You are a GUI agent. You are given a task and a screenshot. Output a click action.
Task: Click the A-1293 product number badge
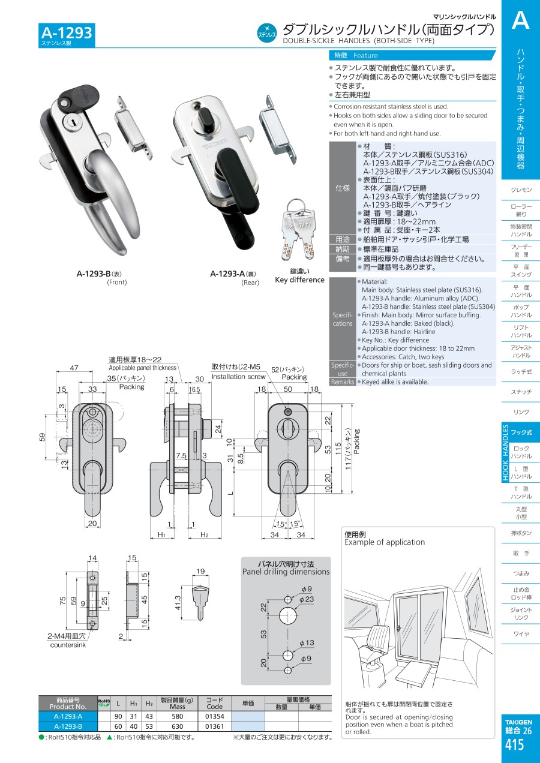tap(67, 33)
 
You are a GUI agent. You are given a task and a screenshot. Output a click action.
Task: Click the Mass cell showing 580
tap(177, 716)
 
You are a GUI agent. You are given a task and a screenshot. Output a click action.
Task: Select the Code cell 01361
tap(214, 726)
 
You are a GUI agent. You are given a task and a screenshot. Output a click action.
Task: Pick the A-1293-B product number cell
tap(68, 726)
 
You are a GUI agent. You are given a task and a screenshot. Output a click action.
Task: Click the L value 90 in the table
tap(118, 716)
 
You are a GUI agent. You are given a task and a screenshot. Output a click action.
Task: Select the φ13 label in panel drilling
tap(306, 643)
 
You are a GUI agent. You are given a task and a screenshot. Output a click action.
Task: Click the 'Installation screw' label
tap(238, 377)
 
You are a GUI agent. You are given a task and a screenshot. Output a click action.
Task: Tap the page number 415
tap(515, 745)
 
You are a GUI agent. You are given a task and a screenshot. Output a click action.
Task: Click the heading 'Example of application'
tap(385, 542)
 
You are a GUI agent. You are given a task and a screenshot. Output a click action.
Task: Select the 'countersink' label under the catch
tap(68, 645)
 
